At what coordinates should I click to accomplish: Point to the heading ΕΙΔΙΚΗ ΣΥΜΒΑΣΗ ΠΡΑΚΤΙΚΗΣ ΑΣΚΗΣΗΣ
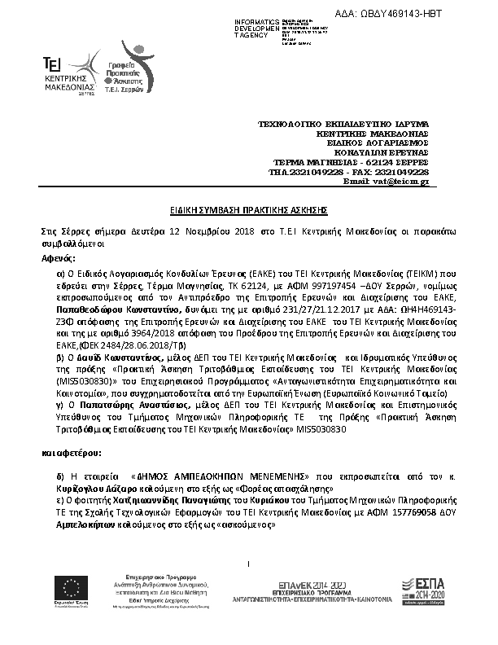pyautogui.click(x=249, y=210)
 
